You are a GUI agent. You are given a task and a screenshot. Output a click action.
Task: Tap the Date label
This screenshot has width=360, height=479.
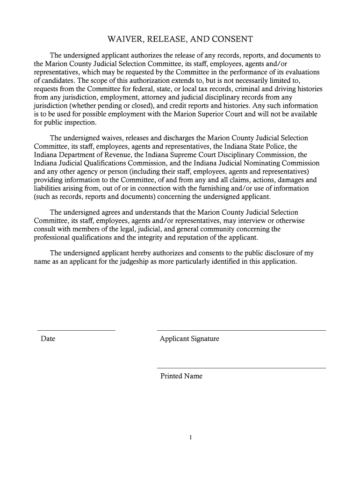(48, 339)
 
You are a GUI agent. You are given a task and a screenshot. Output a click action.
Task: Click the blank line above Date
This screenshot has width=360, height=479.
(76, 330)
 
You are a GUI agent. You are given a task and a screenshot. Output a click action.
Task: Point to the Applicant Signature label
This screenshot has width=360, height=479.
(189, 339)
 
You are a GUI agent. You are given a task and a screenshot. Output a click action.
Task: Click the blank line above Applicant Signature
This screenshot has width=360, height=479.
(241, 330)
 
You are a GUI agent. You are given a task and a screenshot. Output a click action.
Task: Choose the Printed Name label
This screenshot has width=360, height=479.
(181, 376)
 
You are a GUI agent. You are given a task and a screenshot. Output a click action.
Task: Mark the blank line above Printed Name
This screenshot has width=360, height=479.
(241, 368)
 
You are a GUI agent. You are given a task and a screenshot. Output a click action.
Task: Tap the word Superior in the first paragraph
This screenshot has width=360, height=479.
(237, 114)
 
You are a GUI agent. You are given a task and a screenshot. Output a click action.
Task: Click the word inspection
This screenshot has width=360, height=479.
(79, 123)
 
